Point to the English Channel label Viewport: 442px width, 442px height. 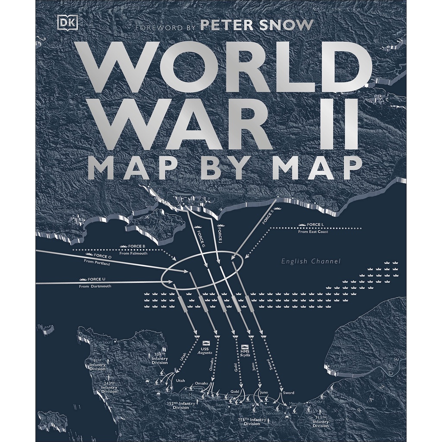311,261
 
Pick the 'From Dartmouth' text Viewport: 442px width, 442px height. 95,286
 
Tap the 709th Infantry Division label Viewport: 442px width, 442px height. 159,358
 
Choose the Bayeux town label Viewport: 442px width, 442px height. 221,405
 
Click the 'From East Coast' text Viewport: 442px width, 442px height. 313,232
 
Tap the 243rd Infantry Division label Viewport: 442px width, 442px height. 109,387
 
